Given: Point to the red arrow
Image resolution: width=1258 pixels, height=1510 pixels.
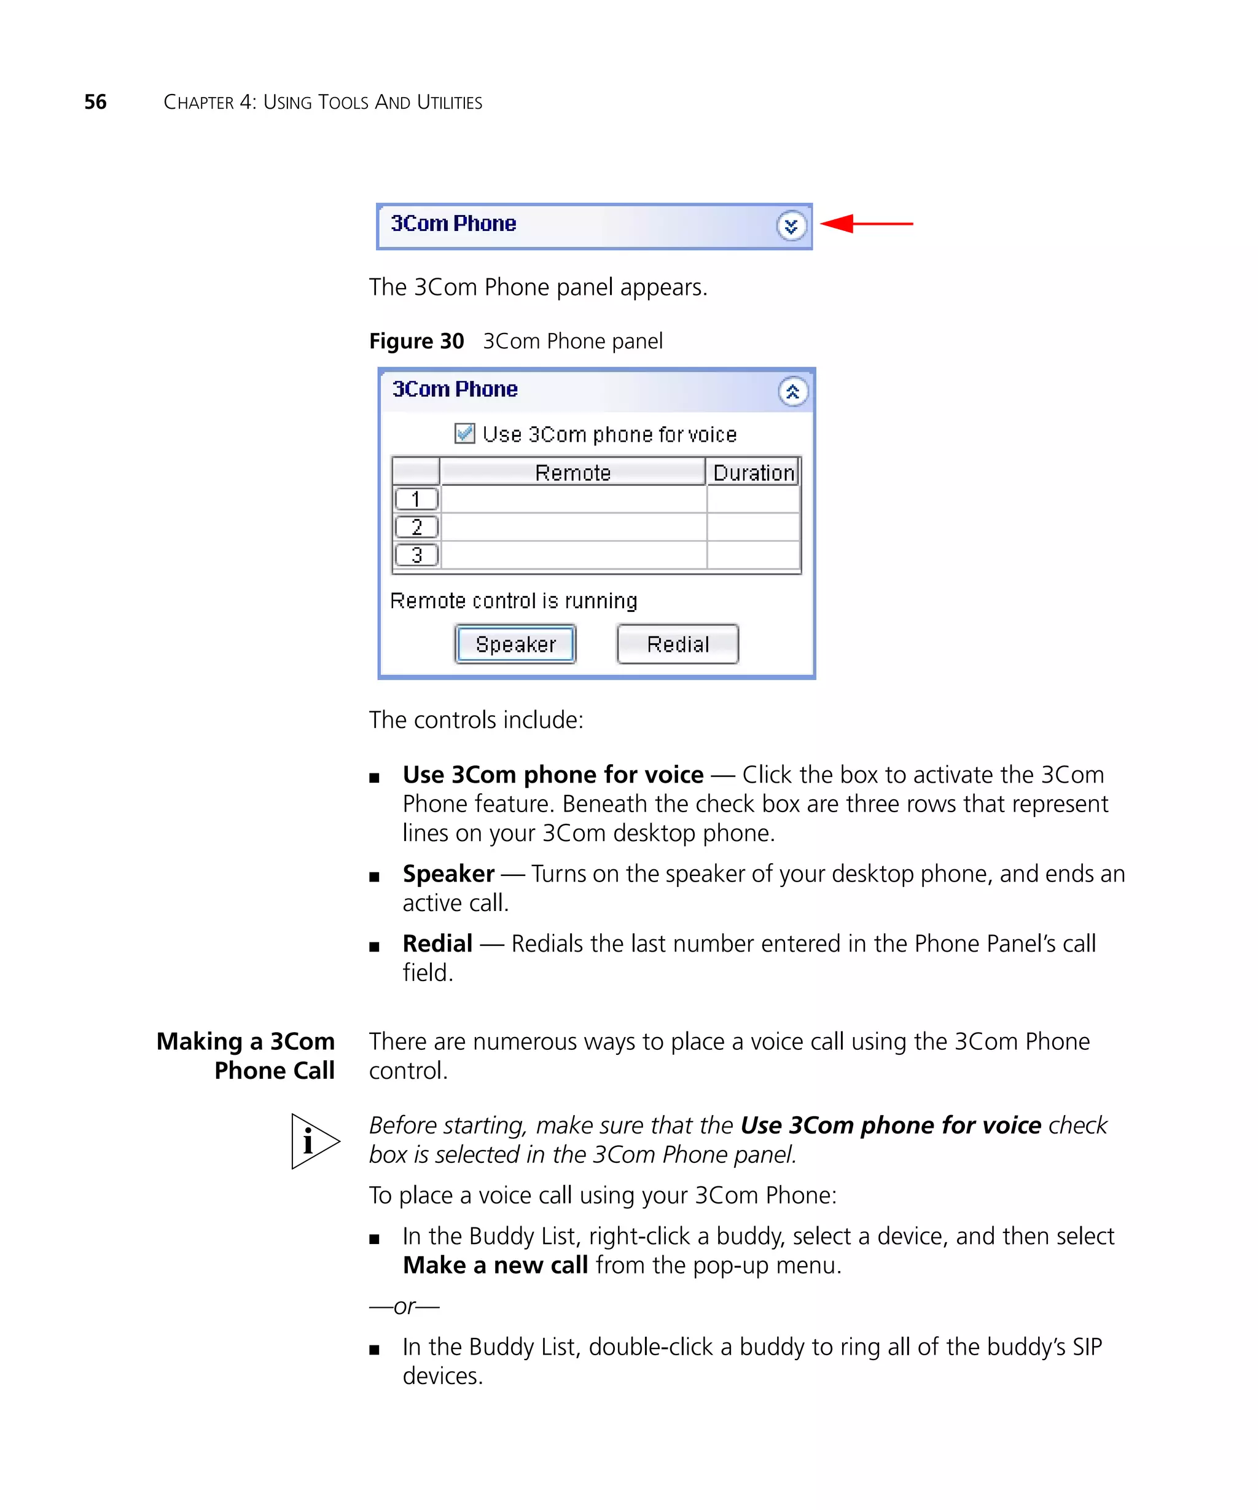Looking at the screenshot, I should [865, 224].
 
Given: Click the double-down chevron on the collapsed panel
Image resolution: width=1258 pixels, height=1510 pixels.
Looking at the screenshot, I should [791, 227].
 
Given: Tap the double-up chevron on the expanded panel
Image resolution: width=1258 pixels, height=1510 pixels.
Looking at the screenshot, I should [792, 392].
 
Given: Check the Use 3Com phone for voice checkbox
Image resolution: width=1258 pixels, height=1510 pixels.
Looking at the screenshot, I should [464, 434].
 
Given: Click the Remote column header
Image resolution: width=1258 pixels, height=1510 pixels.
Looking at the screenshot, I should [572, 472].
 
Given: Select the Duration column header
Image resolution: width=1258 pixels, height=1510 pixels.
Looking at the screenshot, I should [752, 472].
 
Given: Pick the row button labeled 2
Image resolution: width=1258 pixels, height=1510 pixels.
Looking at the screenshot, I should [416, 527].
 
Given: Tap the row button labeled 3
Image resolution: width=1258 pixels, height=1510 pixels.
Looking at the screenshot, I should [416, 555].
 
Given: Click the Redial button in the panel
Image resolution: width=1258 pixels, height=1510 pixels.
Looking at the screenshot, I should [677, 644].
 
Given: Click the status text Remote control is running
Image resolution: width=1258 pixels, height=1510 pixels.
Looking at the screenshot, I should [514, 600].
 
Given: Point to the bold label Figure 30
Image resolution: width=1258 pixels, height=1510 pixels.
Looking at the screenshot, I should [416, 341].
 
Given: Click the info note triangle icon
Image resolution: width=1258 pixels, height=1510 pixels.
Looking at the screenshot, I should [313, 1141].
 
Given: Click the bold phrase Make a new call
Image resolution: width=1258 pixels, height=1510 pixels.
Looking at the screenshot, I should [495, 1265].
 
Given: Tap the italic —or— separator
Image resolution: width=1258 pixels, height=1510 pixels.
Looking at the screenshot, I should [404, 1306].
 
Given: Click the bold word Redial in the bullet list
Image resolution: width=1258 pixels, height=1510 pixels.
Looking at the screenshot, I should [437, 944].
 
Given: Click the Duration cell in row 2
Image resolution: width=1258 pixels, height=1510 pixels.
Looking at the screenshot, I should [752, 527].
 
